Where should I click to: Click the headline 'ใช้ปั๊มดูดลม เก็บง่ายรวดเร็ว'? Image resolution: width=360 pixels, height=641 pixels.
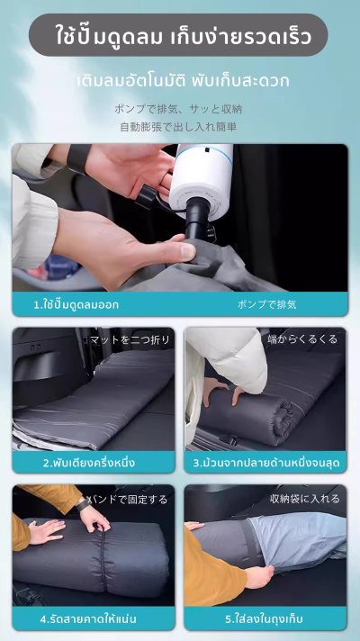tap(184, 36)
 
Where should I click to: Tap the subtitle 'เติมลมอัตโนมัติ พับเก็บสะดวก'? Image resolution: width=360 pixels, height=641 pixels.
tap(183, 80)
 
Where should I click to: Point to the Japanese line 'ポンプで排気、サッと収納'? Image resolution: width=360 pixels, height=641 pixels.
tap(178, 109)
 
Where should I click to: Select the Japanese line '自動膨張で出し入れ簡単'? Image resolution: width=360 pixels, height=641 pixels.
tap(178, 127)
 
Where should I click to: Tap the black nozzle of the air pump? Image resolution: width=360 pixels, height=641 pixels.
tap(197, 218)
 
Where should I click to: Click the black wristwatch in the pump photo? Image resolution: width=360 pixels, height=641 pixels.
tap(79, 158)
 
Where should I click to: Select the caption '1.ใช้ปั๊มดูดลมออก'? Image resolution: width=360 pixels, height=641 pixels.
tap(76, 304)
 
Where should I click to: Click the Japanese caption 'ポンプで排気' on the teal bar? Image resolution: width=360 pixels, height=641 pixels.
tap(266, 304)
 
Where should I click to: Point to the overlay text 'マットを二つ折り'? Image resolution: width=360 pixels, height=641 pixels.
tap(129, 339)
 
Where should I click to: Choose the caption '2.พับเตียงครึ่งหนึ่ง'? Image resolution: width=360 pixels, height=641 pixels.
tap(89, 463)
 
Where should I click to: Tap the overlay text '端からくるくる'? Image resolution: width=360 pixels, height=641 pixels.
tap(302, 339)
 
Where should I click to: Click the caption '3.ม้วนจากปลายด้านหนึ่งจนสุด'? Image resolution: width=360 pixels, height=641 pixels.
tap(266, 463)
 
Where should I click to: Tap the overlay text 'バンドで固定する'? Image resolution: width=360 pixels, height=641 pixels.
tap(128, 499)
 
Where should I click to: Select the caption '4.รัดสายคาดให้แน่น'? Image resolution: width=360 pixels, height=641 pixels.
tap(88, 618)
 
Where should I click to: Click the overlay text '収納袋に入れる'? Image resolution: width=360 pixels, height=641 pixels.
tap(305, 499)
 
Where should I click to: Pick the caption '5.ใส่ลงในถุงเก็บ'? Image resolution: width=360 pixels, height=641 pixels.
tap(264, 618)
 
